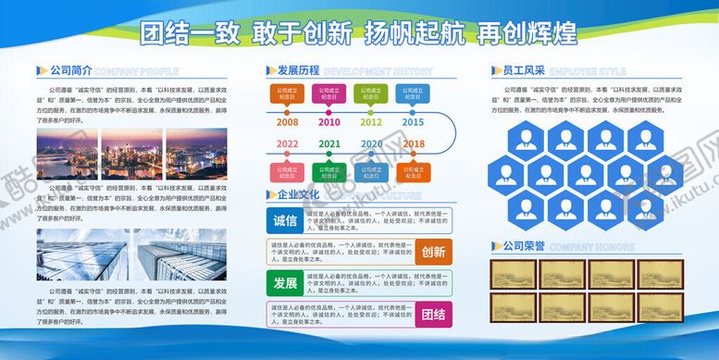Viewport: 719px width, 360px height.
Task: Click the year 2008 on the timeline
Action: [287, 121]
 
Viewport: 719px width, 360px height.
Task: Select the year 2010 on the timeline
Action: [329, 121]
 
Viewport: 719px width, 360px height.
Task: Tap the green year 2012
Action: [371, 121]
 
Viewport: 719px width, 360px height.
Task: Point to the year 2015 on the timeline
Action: [413, 121]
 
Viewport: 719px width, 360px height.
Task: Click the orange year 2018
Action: [414, 143]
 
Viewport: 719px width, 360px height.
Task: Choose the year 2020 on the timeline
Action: [371, 143]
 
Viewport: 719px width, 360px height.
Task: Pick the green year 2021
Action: [329, 143]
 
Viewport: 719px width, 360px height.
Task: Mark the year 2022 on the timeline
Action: [287, 143]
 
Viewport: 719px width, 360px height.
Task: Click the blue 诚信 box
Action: [285, 221]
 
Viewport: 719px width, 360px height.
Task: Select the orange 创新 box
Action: [433, 251]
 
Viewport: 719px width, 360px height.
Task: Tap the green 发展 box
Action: [285, 281]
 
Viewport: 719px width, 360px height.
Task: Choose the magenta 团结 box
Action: [433, 312]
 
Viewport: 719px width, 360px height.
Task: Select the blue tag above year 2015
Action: [413, 93]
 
